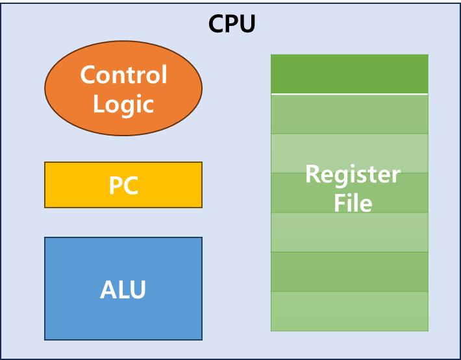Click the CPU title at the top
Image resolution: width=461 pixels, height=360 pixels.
tap(232, 25)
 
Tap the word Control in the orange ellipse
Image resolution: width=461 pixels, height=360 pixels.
tap(123, 75)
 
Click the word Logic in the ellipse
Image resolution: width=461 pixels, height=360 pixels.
tap(123, 104)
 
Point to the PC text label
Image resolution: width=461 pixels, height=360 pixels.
tap(123, 186)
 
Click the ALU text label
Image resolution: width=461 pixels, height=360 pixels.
tap(123, 289)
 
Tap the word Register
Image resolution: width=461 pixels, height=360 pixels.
tap(353, 174)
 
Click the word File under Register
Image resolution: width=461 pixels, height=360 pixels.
tap(353, 203)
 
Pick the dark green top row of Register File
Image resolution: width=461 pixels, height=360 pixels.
tap(349, 74)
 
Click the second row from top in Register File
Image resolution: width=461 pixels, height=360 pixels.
tap(349, 114)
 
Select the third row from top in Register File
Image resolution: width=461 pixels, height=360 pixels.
tap(349, 153)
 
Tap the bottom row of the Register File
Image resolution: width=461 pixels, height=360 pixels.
tap(349, 311)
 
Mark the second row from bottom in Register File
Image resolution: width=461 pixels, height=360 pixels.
tap(349, 272)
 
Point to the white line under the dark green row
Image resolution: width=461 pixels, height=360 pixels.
tap(349, 94)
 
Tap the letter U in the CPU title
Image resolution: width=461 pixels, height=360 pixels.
tap(247, 25)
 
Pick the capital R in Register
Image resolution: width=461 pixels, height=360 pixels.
tap(312, 174)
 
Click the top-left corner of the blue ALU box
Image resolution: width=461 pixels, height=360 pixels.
tap(45, 238)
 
